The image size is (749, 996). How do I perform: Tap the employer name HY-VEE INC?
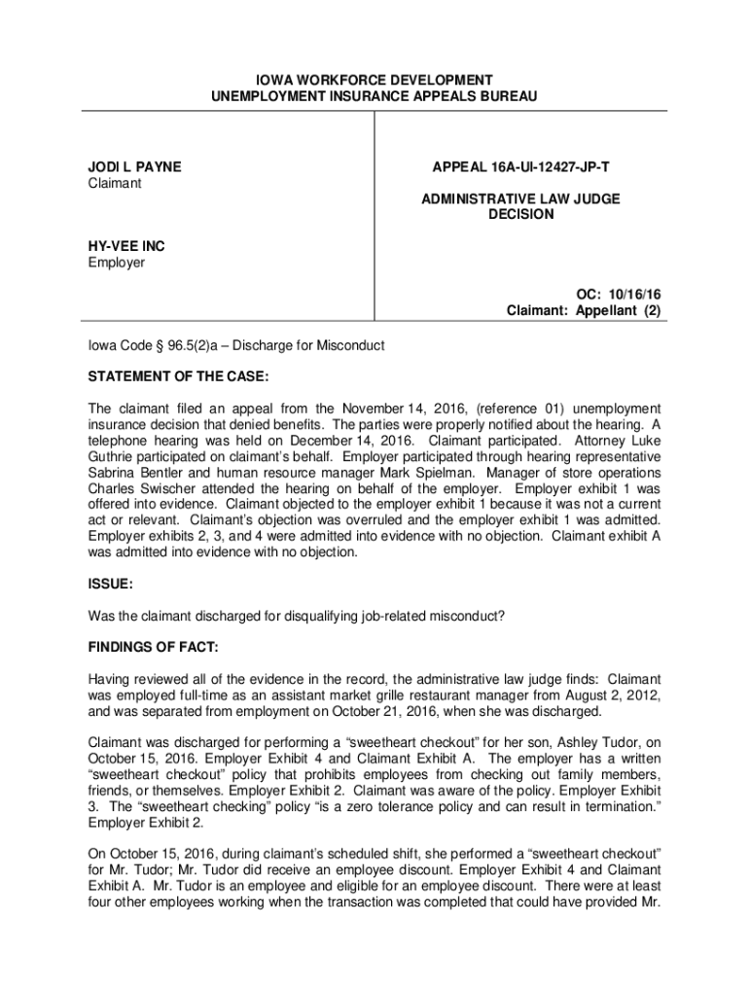[121, 247]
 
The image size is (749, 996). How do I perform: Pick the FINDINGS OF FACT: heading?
[146, 647]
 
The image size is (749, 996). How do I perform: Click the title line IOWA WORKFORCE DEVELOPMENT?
[374, 80]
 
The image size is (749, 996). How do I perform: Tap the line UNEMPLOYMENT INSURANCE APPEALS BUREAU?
[374, 96]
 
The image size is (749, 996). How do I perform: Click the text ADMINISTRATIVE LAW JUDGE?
[520, 199]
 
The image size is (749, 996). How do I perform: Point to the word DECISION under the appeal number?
[520, 215]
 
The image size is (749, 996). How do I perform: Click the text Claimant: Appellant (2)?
[583, 311]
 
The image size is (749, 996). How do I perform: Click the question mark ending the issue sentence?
[503, 616]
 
